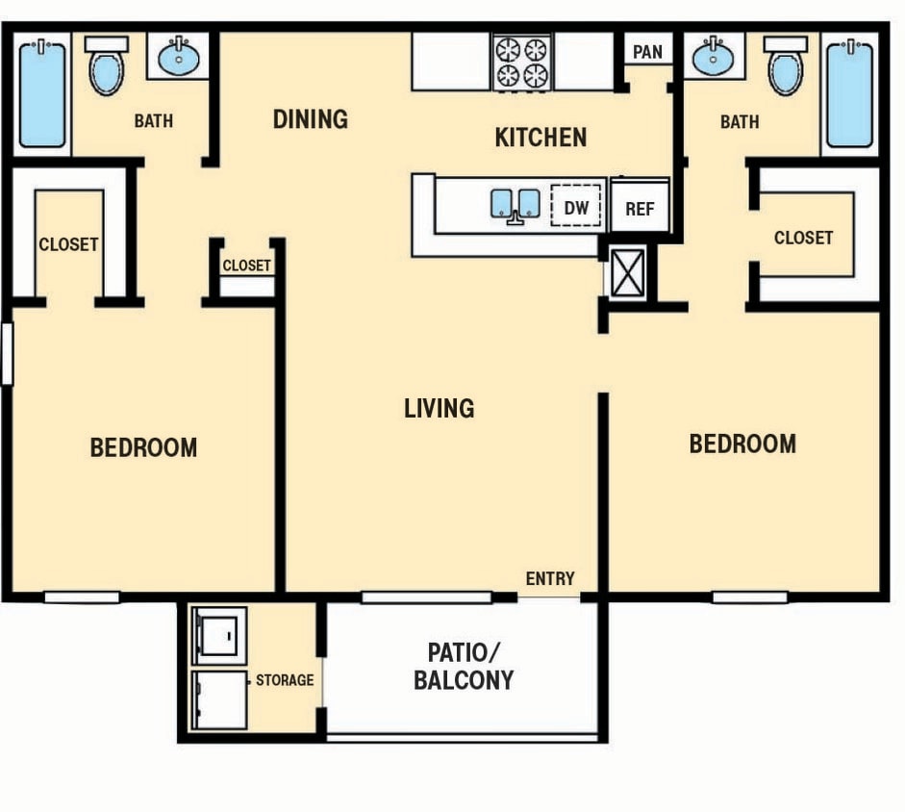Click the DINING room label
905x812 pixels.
pos(310,119)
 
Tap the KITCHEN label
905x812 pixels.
pos(540,138)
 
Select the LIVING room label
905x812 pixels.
pos(439,408)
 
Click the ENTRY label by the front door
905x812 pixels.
pos(550,578)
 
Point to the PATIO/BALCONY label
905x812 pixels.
pos(464,666)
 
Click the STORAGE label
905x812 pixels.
pos(285,680)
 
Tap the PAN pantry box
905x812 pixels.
pos(647,51)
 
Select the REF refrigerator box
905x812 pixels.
pos(640,208)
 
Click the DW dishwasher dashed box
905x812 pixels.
pos(575,207)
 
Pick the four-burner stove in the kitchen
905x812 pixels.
pos(521,62)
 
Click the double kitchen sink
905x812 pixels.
pos(515,204)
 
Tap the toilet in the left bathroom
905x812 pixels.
pos(106,67)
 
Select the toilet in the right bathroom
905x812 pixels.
pos(786,67)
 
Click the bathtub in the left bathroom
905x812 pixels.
pos(41,93)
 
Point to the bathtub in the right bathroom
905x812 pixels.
pos(849,93)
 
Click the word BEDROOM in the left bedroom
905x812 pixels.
pos(143,447)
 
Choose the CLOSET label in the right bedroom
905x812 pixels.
pos(803,237)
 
